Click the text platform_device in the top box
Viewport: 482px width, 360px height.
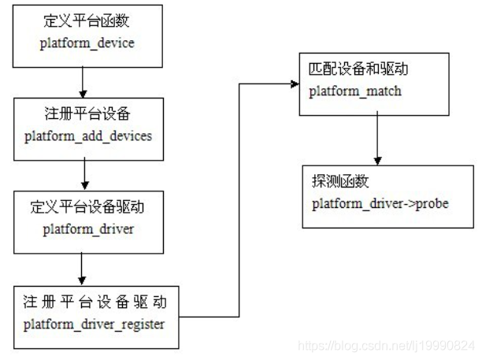pos(87,43)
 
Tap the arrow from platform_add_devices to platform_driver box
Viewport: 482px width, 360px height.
pos(83,173)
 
